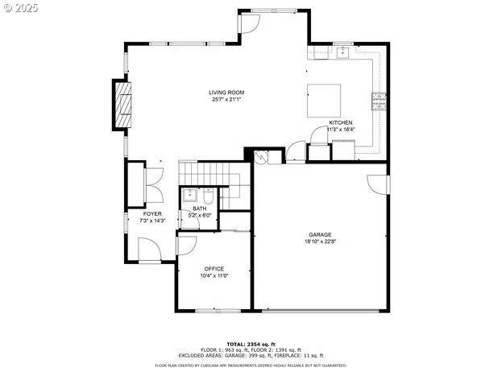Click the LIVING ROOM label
click(227, 93)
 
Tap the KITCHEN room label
click(341, 122)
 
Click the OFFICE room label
click(214, 269)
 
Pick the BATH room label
click(199, 209)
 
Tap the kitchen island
click(324, 100)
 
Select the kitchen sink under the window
click(343, 53)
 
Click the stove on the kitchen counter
click(378, 101)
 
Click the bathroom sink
click(189, 194)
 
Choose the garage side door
click(377, 184)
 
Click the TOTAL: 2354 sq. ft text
click(251, 344)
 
